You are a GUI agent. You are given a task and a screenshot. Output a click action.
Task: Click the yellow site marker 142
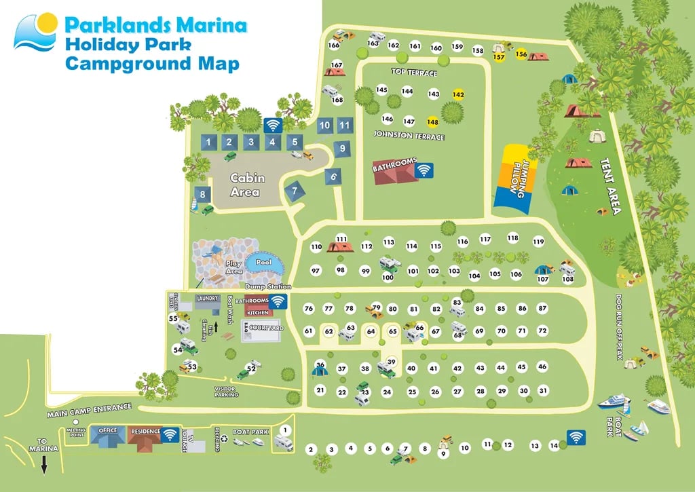(x=458, y=95)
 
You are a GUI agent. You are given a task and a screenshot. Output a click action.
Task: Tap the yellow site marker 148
(x=432, y=121)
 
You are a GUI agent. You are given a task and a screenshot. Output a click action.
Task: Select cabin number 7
(x=295, y=191)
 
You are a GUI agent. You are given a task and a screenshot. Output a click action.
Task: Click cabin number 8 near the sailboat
(x=200, y=194)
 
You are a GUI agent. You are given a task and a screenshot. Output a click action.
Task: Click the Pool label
(x=263, y=261)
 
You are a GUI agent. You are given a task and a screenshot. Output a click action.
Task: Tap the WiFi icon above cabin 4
(x=273, y=126)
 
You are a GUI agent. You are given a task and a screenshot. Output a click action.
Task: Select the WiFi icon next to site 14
(x=576, y=438)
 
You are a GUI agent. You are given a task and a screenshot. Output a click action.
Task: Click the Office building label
(x=108, y=431)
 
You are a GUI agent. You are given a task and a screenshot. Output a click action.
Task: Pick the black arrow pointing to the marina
(x=44, y=466)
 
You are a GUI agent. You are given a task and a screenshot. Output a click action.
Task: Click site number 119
(x=538, y=242)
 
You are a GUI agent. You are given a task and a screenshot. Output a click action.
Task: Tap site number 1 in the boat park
(x=286, y=430)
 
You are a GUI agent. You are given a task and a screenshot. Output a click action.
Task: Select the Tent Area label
(x=609, y=187)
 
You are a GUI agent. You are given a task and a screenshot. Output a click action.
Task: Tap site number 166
(x=333, y=45)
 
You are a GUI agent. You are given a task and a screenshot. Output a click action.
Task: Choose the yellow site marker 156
(x=521, y=54)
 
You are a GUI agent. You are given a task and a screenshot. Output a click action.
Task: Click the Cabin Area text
(x=246, y=185)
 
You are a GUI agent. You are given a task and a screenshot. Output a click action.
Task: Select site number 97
(x=316, y=270)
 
